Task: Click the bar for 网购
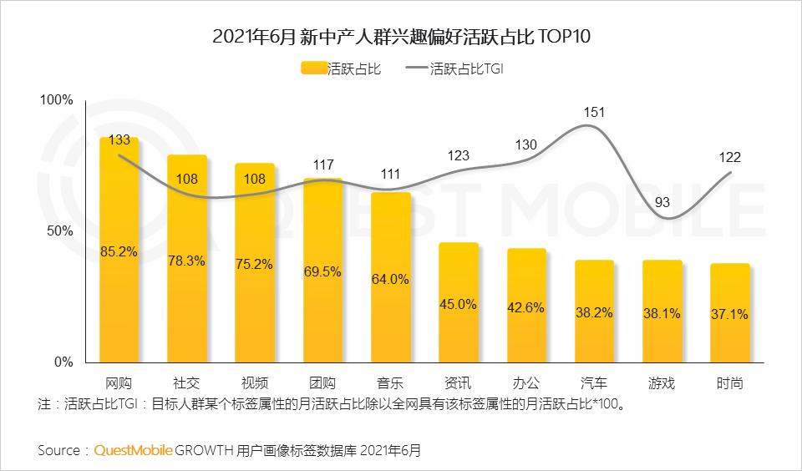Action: click(119, 250)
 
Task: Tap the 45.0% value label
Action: click(458, 305)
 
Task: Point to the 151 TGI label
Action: click(594, 112)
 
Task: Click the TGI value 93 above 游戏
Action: click(662, 201)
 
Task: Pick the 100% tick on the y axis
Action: click(58, 100)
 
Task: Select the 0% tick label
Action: click(64, 362)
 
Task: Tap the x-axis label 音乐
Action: click(390, 384)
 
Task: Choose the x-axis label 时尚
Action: click(729, 384)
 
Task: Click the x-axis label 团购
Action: click(322, 384)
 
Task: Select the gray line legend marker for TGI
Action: click(415, 69)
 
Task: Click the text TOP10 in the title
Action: click(565, 37)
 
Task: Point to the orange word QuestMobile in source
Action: click(134, 450)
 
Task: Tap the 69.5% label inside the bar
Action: click(322, 272)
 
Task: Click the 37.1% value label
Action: click(730, 315)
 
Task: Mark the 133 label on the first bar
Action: click(119, 139)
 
